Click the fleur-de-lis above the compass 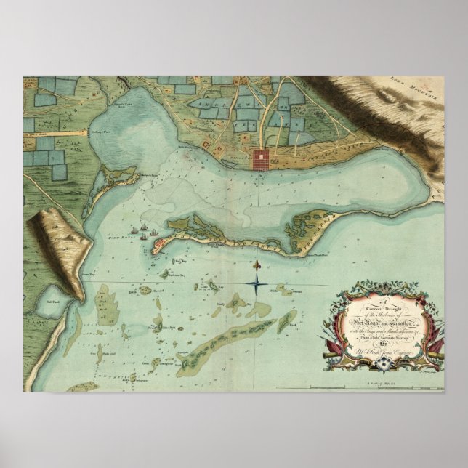(258, 260)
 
